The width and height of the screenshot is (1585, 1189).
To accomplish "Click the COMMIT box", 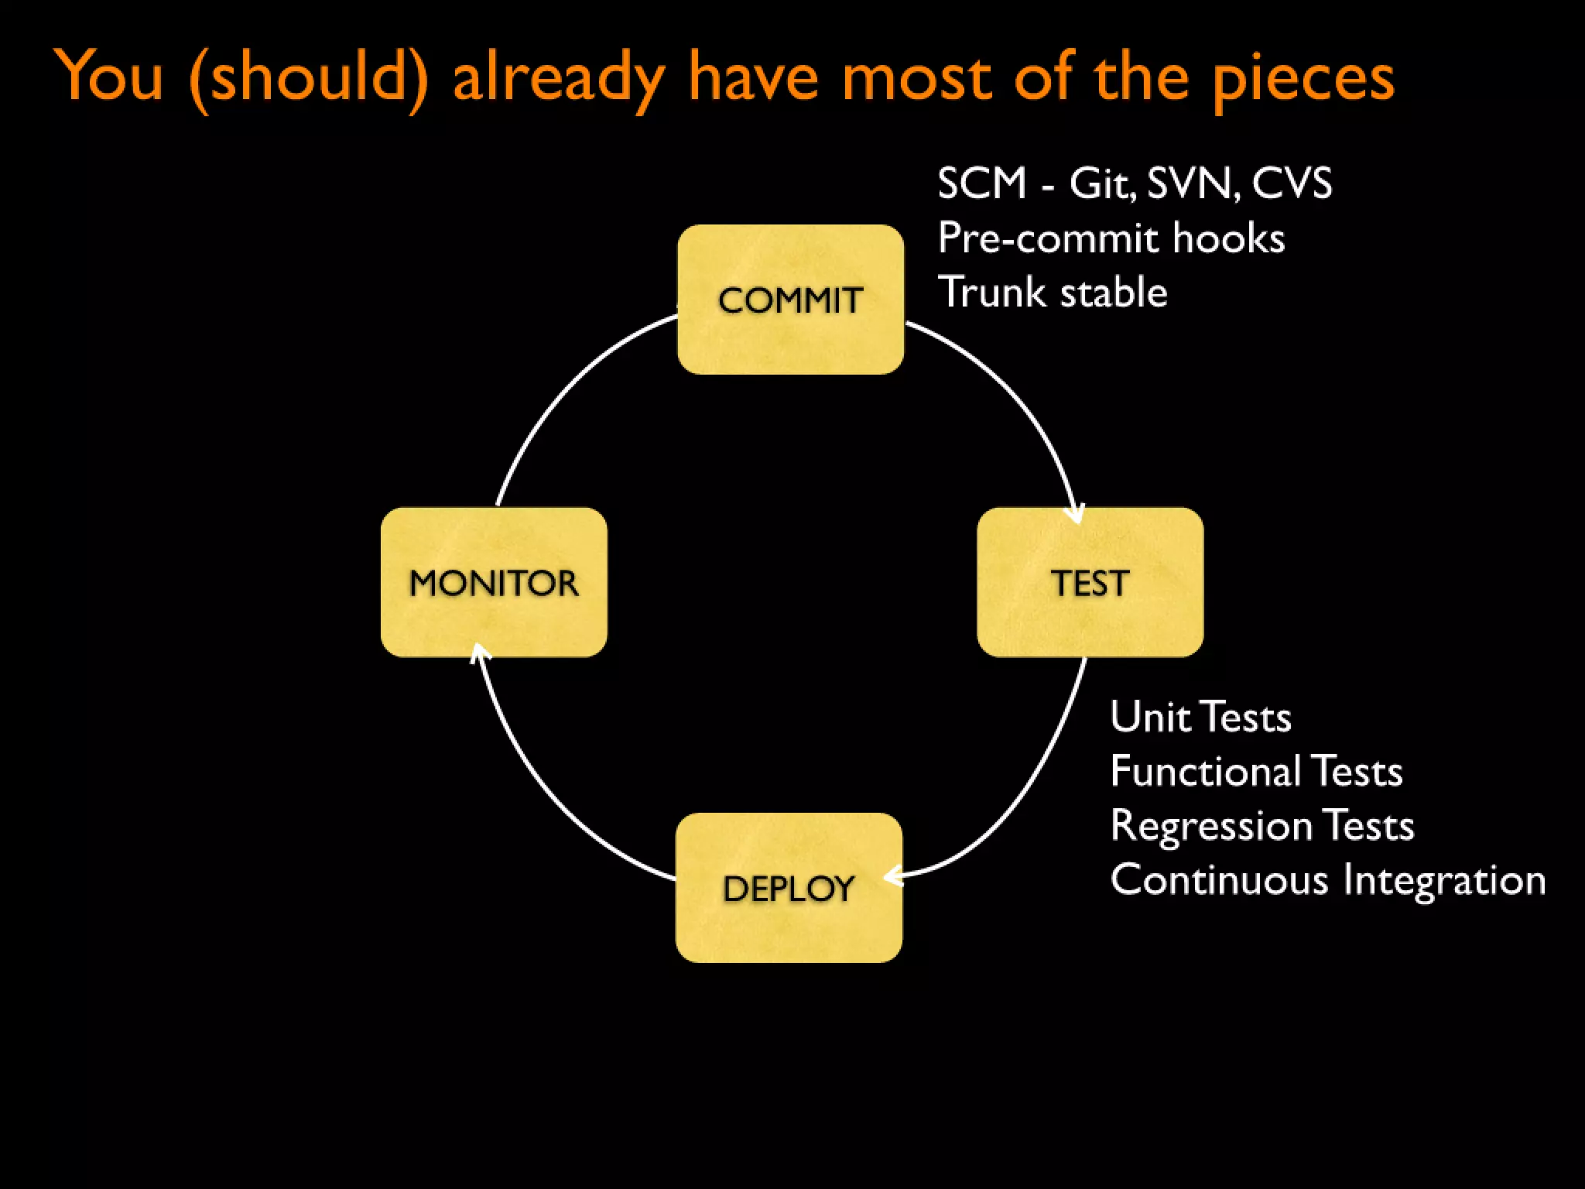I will pyautogui.click(x=790, y=300).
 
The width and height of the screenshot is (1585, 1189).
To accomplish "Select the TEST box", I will pyautogui.click(x=1090, y=582).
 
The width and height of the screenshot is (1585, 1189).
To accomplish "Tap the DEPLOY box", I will pyautogui.click(x=789, y=887).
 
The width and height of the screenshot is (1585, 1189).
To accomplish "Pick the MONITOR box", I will pyautogui.click(x=494, y=582).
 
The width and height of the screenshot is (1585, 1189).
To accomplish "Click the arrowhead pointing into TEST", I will pyautogui.click(x=1076, y=516).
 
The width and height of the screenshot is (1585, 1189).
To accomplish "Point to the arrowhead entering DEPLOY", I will pyautogui.click(x=892, y=876).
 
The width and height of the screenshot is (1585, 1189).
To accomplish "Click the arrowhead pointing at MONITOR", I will pyautogui.click(x=479, y=653).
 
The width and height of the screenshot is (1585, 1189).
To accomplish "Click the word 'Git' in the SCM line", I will pyautogui.click(x=1101, y=184).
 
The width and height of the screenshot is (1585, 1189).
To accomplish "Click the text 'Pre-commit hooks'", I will pyautogui.click(x=1111, y=238).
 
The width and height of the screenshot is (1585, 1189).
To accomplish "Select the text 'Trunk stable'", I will pyautogui.click(x=1052, y=293).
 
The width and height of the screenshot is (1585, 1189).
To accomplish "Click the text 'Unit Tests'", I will pyautogui.click(x=1200, y=717).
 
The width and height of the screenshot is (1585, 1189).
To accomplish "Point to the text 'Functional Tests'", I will pyautogui.click(x=1255, y=771).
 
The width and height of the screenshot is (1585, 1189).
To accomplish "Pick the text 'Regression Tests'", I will pyautogui.click(x=1261, y=825).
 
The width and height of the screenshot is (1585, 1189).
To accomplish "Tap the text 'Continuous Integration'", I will pyautogui.click(x=1327, y=880).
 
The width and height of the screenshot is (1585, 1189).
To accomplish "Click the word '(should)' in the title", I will pyautogui.click(x=308, y=77).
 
